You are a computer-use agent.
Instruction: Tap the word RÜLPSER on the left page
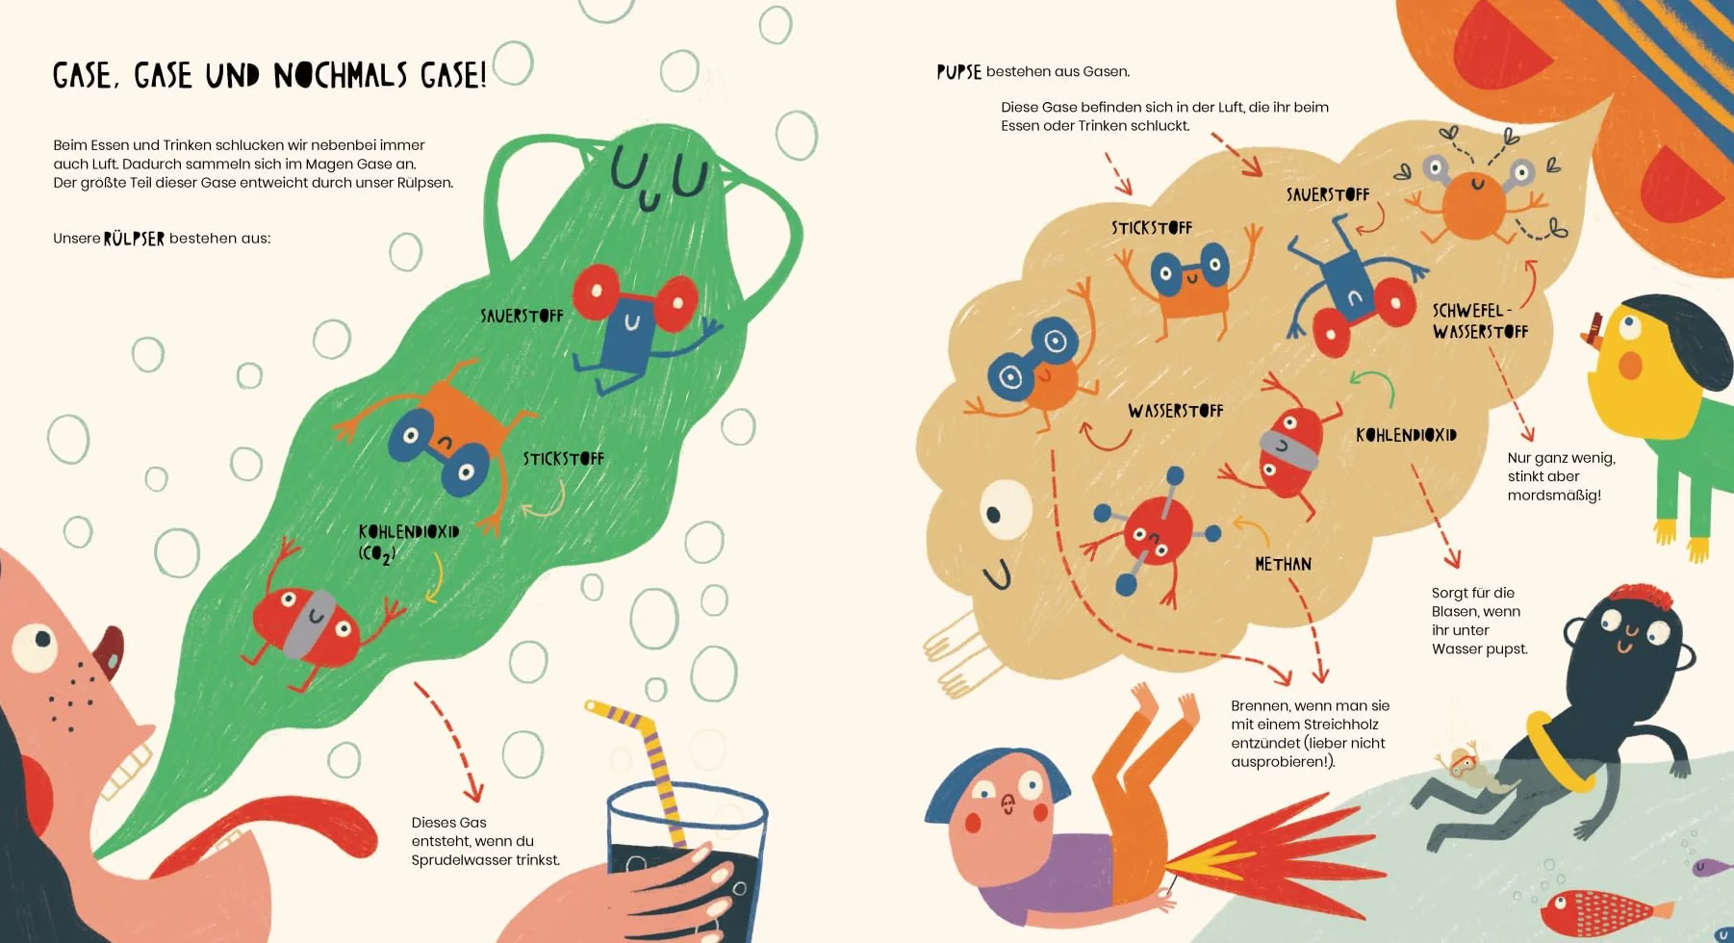(134, 239)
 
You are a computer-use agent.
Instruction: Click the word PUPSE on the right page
(959, 72)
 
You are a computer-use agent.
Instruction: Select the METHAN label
(1283, 564)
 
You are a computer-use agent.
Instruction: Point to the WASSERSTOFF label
(1176, 411)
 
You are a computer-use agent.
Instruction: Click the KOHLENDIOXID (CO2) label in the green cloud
(408, 543)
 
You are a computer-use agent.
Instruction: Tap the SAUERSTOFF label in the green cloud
(522, 316)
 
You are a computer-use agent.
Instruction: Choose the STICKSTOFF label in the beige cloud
(1152, 228)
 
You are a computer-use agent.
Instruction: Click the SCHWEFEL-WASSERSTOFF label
(1480, 321)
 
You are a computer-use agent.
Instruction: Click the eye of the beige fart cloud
(1005, 509)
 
